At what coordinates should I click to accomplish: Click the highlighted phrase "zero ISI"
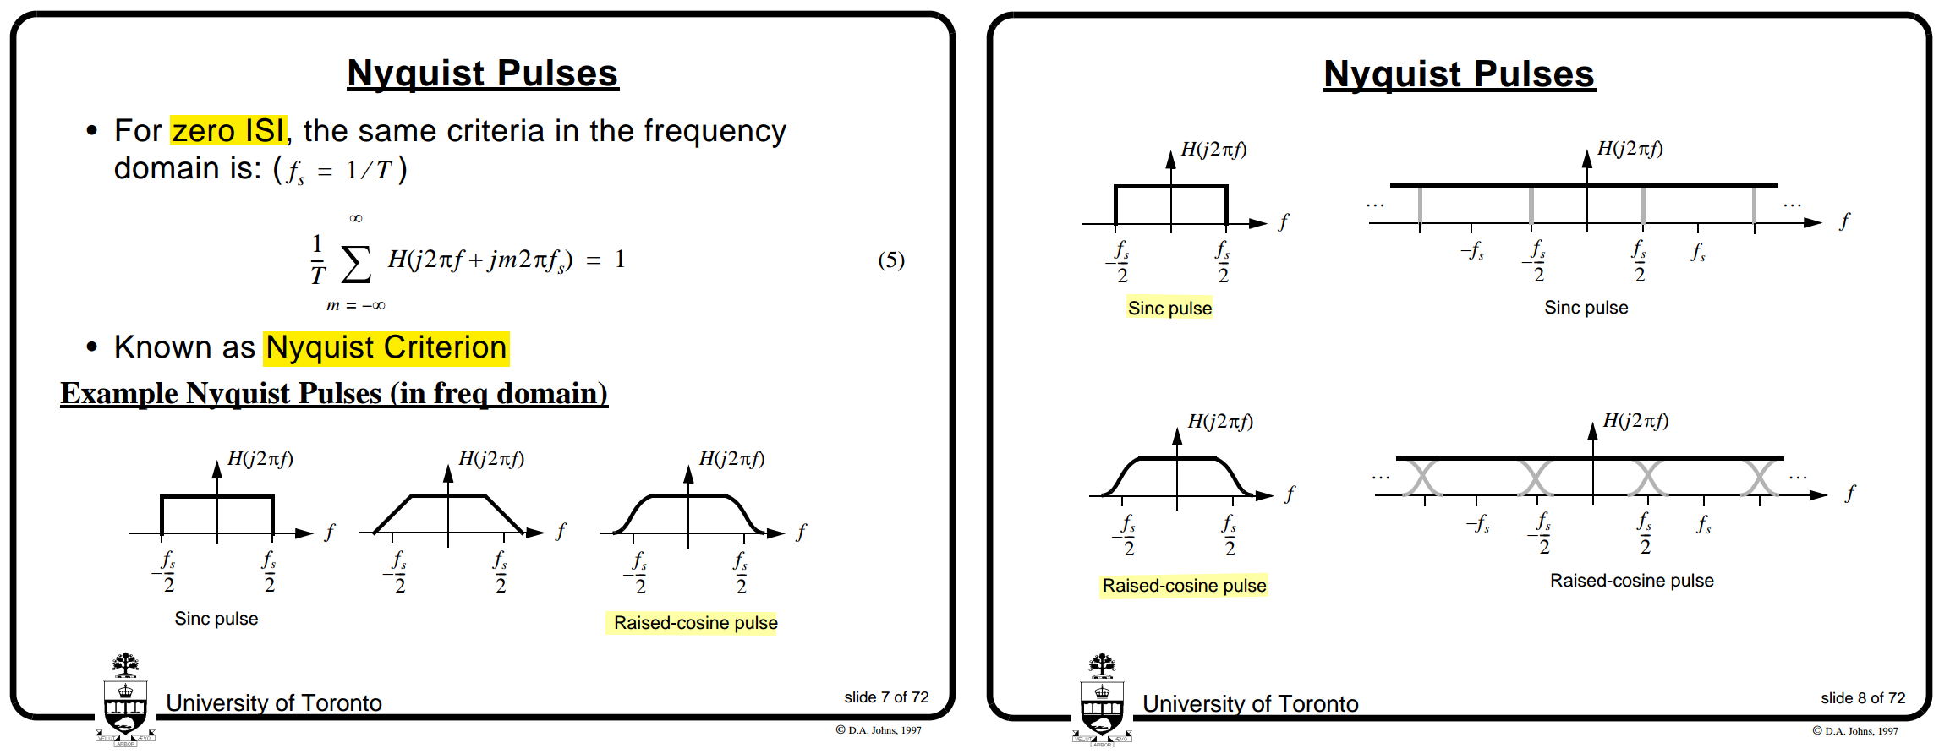point(228,131)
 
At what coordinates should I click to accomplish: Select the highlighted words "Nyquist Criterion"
point(386,347)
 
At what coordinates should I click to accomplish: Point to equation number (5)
point(890,260)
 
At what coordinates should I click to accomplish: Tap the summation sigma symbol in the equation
point(356,263)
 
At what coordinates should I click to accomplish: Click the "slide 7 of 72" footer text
point(885,697)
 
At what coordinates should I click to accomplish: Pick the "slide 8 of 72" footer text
point(1862,698)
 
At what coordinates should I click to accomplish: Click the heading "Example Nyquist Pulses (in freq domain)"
point(334,394)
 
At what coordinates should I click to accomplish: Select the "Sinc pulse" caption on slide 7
point(216,619)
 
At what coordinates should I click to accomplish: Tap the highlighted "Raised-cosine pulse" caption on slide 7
point(695,623)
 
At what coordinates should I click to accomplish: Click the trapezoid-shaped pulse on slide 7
point(448,513)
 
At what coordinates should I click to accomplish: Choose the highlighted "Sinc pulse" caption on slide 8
point(1169,309)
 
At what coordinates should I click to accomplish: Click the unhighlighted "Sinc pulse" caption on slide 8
point(1586,308)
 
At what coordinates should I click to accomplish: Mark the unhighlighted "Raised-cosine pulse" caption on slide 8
point(1631,581)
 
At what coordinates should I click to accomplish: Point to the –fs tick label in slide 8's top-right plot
point(1472,251)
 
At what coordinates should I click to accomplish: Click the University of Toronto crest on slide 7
point(125,702)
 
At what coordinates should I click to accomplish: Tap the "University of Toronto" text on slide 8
point(1250,704)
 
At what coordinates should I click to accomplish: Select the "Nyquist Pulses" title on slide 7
point(483,74)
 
